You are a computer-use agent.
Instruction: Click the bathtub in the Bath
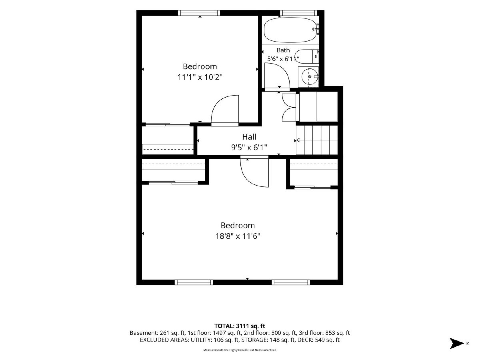(x=290, y=30)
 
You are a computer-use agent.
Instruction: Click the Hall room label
(x=249, y=137)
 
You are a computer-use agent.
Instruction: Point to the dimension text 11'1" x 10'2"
(x=200, y=77)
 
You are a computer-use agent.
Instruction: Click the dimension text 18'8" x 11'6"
(x=238, y=236)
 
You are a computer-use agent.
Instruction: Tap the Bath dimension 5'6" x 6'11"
(x=283, y=59)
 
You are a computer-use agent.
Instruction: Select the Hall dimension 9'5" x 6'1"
(x=249, y=148)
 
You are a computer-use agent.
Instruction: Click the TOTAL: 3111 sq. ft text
(x=240, y=326)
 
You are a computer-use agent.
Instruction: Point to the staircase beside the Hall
(x=317, y=140)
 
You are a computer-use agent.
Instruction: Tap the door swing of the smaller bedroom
(x=225, y=110)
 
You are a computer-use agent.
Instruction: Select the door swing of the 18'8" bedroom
(x=254, y=172)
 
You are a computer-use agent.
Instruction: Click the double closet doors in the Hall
(x=289, y=107)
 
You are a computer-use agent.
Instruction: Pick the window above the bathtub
(x=298, y=13)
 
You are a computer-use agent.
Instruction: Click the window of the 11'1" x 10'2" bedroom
(x=199, y=13)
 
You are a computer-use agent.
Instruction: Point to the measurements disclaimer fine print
(x=240, y=350)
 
